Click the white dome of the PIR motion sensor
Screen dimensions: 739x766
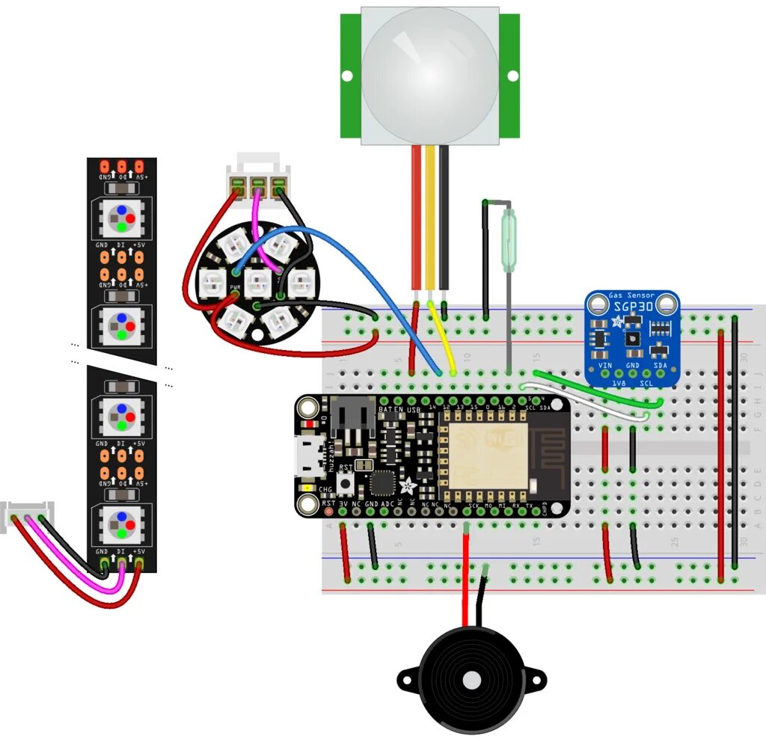429,72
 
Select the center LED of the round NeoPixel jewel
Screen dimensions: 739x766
257,282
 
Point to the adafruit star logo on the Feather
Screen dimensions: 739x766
408,485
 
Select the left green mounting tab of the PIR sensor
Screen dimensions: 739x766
350,76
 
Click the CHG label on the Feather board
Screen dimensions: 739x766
326,490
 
